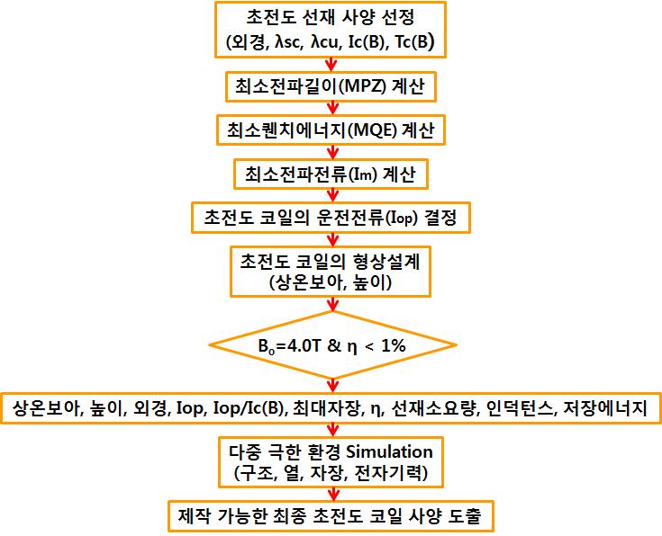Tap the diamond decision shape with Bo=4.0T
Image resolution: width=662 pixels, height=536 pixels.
point(332,345)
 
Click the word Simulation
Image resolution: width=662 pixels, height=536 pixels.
point(389,452)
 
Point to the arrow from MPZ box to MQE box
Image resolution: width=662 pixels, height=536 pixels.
point(332,108)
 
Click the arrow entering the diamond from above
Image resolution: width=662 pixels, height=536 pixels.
point(332,304)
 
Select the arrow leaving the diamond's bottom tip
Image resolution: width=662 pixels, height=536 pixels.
point(332,386)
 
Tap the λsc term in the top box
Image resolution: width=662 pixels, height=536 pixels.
point(289,42)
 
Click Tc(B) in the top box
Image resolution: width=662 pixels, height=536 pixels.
point(414,42)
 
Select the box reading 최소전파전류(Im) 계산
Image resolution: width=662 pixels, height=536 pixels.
point(331,174)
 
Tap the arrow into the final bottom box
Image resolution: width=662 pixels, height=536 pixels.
point(332,494)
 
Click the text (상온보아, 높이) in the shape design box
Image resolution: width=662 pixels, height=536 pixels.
point(331,282)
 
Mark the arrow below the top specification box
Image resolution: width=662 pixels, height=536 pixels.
point(331,65)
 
